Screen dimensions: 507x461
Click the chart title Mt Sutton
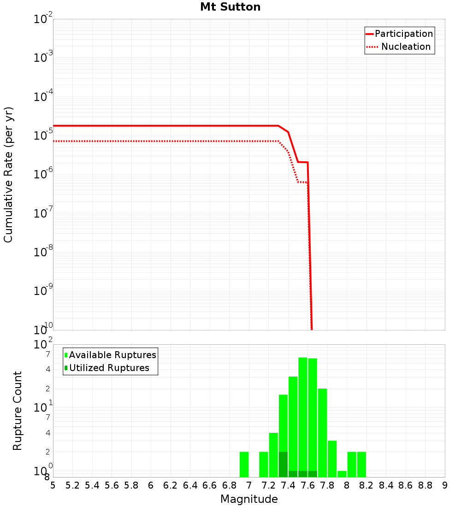pyautogui.click(x=230, y=7)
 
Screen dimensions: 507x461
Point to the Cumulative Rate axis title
pyautogui.click(x=8, y=174)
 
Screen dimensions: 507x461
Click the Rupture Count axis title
pyautogui.click(x=18, y=411)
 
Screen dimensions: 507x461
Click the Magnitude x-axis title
pyautogui.click(x=249, y=499)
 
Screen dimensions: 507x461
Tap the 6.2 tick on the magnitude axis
pyautogui.click(x=171, y=485)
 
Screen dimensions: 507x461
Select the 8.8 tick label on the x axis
pyautogui.click(x=425, y=485)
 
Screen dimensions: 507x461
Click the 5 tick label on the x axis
pyautogui.click(x=53, y=485)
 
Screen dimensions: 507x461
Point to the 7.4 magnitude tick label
pyautogui.click(x=288, y=485)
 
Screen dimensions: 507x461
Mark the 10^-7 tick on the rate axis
pyautogui.click(x=43, y=213)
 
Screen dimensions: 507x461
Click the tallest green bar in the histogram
pyautogui.click(x=303, y=415)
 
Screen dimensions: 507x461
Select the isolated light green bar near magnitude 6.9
pyautogui.click(x=244, y=464)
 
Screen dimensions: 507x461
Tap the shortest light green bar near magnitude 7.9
pyautogui.click(x=342, y=474)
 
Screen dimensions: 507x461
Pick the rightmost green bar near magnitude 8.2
pyautogui.click(x=361, y=464)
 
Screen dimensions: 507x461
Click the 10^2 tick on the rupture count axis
pyautogui.click(x=43, y=345)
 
